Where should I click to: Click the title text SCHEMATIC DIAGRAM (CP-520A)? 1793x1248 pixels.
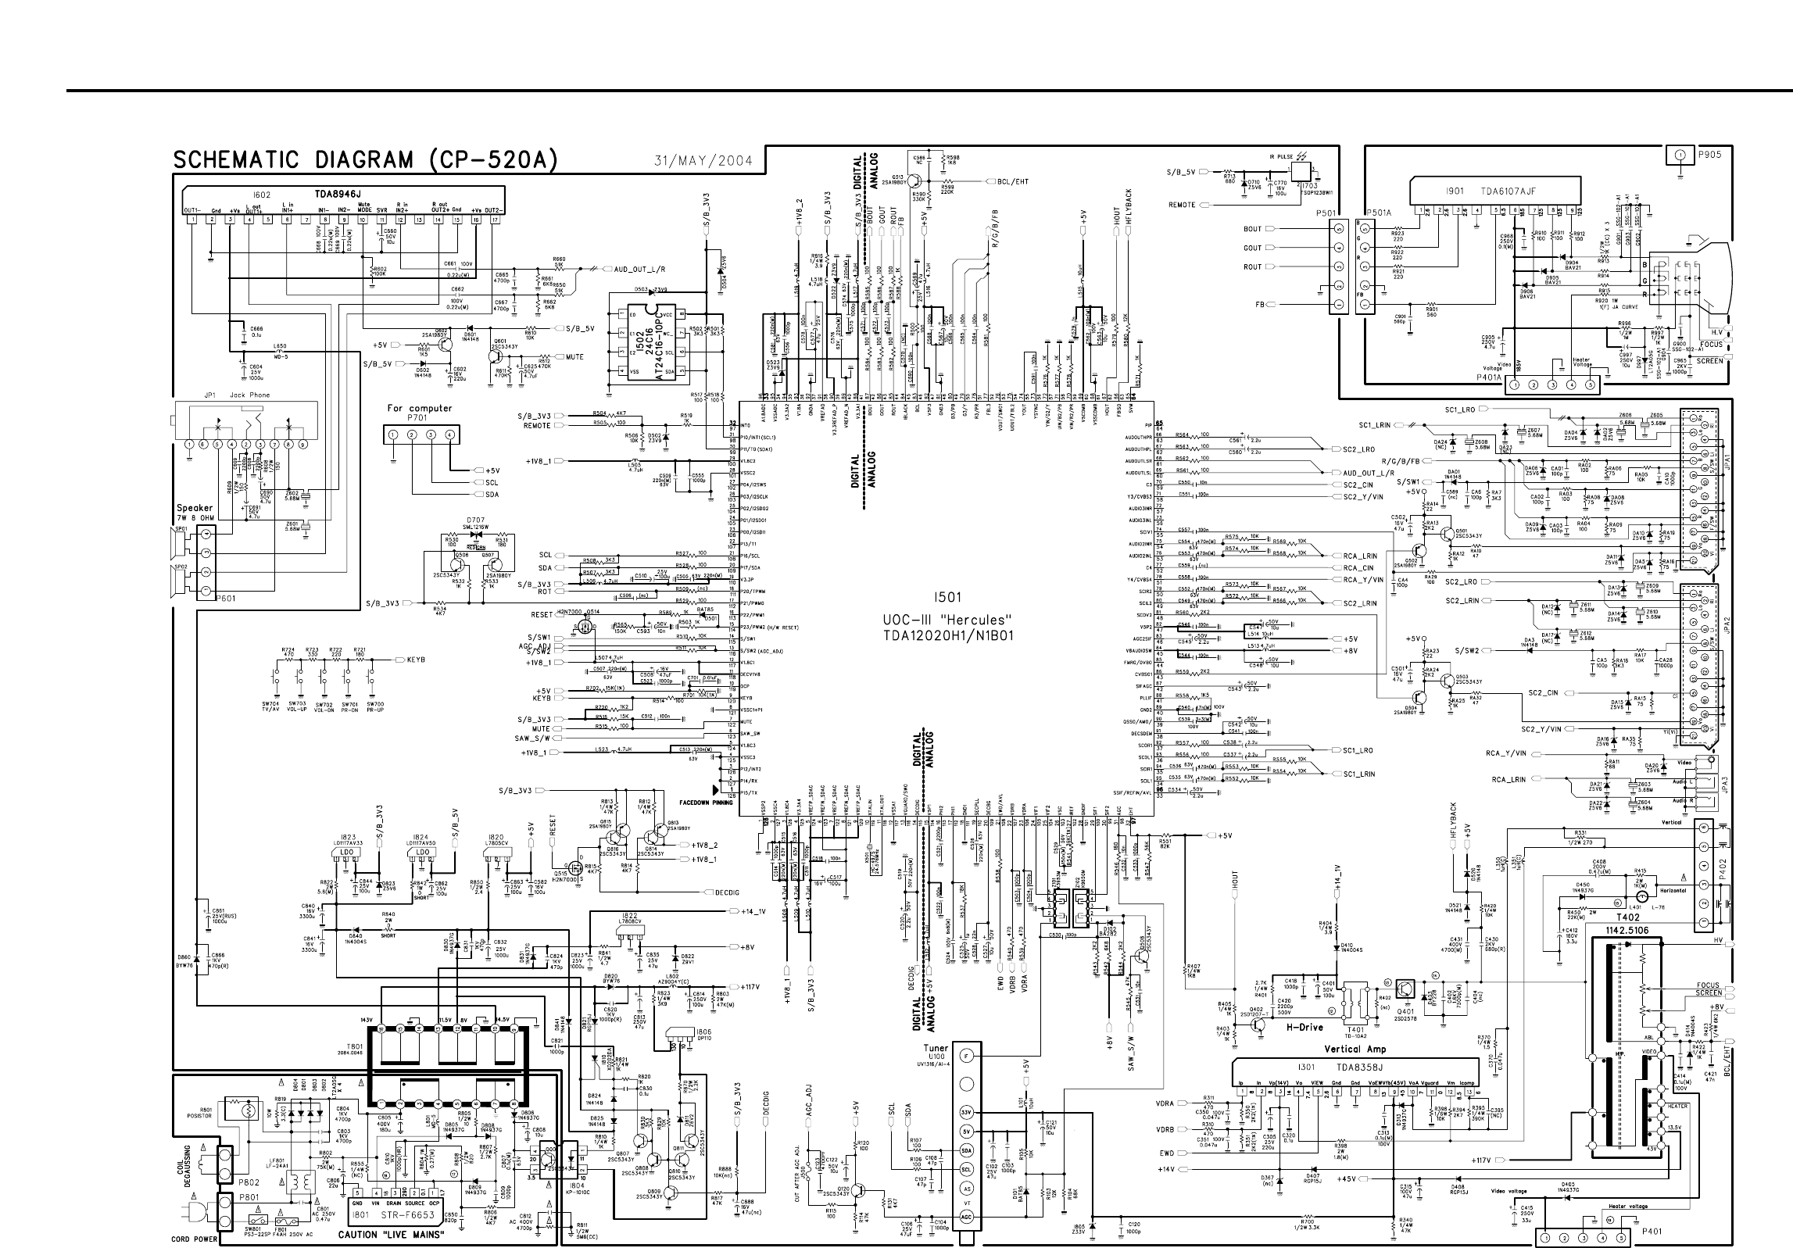tap(365, 160)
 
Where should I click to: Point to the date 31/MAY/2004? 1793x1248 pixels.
tap(703, 162)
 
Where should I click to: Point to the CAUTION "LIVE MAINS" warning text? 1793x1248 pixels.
tap(391, 1235)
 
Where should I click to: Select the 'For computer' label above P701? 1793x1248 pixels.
tap(420, 408)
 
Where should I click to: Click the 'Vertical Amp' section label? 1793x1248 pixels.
tap(1355, 1049)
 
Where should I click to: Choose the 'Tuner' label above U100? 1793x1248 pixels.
tap(936, 1048)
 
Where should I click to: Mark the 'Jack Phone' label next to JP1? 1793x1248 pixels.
tap(250, 395)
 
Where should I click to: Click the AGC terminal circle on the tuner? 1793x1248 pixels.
tap(967, 1216)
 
